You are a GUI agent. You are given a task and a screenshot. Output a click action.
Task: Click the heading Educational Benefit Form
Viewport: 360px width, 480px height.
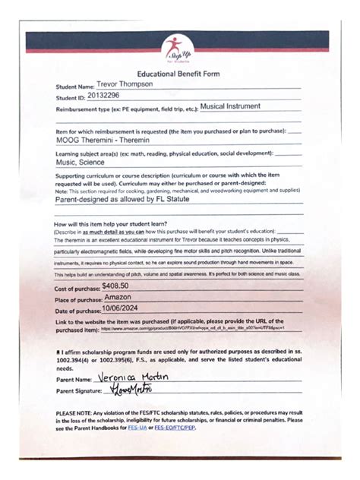coord(179,74)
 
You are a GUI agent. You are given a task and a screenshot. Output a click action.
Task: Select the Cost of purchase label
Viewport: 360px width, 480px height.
coord(77,289)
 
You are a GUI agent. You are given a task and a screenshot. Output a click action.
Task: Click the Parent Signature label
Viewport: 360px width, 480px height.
coord(78,391)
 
